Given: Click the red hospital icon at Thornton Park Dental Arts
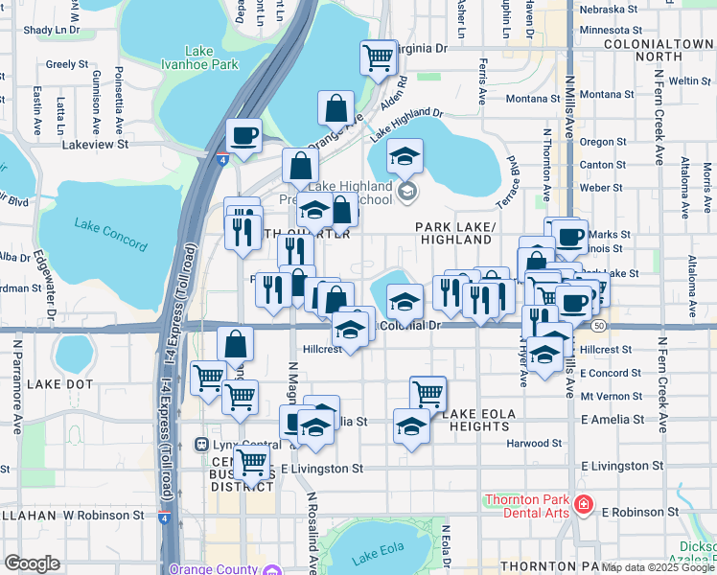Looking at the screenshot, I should pyautogui.click(x=583, y=504).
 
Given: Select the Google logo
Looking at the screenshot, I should pyautogui.click(x=32, y=563).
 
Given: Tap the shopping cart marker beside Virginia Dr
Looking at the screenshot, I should pyautogui.click(x=379, y=57).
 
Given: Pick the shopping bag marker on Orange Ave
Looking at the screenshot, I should pyautogui.click(x=336, y=108).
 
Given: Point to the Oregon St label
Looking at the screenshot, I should pyautogui.click(x=603, y=142).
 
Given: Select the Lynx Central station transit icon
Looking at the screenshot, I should pyautogui.click(x=201, y=445).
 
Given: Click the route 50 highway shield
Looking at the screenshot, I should pyautogui.click(x=598, y=326).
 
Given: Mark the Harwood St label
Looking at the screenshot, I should pyautogui.click(x=535, y=443).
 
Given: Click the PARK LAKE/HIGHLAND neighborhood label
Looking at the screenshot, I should pyautogui.click(x=454, y=233).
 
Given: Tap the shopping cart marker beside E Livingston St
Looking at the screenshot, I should pyautogui.click(x=252, y=462).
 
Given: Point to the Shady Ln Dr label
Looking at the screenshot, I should pyautogui.click(x=52, y=30).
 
